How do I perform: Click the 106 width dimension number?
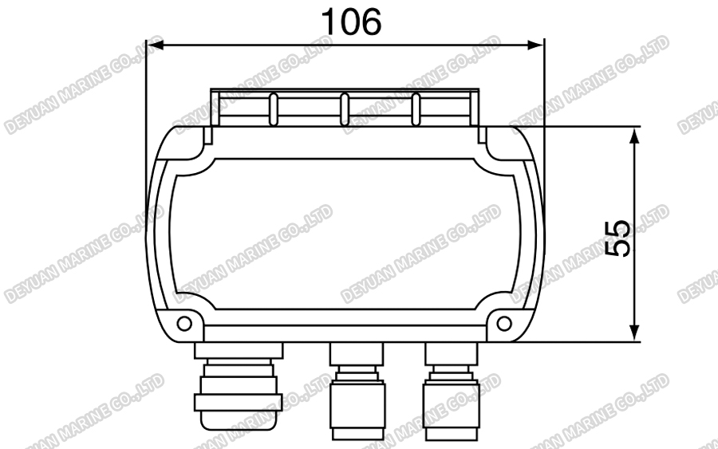tap(351, 22)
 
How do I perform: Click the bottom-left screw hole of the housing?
tap(184, 323)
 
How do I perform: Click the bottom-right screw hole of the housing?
tap(504, 323)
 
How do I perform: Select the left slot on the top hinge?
tap(274, 110)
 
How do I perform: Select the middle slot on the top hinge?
tap(345, 110)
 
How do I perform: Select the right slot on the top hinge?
tap(416, 110)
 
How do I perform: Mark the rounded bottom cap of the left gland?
tap(238, 419)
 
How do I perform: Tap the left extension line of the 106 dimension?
tap(145, 120)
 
